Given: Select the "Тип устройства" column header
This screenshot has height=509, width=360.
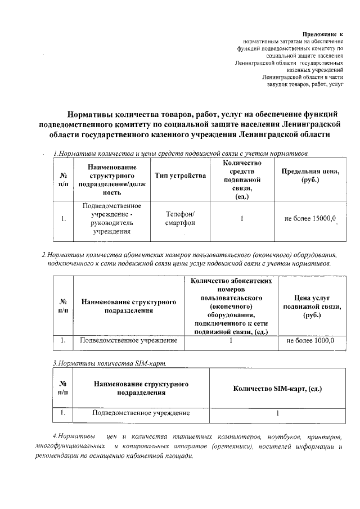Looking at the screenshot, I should [179, 177].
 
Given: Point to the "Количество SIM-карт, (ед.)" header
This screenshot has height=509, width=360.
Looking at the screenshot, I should [278, 389].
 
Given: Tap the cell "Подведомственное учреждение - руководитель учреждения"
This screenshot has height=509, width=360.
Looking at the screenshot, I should [112, 218].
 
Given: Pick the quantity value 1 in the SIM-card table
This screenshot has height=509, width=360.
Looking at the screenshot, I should [278, 413].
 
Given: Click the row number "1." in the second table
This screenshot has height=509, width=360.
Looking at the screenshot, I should [64, 340].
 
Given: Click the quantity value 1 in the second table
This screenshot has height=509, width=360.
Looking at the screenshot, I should [231, 340].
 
